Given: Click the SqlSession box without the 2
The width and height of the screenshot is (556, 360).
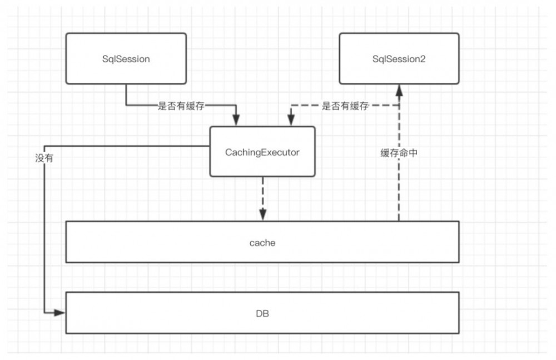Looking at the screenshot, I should [126, 58].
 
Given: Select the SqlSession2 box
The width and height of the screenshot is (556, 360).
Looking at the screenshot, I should [399, 58].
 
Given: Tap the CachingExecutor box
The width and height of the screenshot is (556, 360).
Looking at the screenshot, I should [262, 151].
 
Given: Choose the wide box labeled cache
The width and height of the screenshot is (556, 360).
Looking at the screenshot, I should [262, 242].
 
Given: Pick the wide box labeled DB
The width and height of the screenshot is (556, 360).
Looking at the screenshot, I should [262, 313].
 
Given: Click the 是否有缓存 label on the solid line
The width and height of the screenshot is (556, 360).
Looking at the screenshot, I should [181, 106].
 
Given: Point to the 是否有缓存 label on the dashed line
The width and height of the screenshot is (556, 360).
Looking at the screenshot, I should [345, 106].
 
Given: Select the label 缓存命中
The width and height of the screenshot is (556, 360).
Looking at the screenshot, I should [399, 154].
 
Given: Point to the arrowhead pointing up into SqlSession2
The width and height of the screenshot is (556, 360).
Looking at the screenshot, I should [399, 90].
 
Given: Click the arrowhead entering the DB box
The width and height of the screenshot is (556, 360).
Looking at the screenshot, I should [61, 313].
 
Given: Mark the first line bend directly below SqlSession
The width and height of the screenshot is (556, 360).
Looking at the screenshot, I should [126, 105].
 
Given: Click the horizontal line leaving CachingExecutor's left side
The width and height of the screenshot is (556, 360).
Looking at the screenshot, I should [128, 146].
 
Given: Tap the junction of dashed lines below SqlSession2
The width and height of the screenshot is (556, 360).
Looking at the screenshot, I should [399, 105].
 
